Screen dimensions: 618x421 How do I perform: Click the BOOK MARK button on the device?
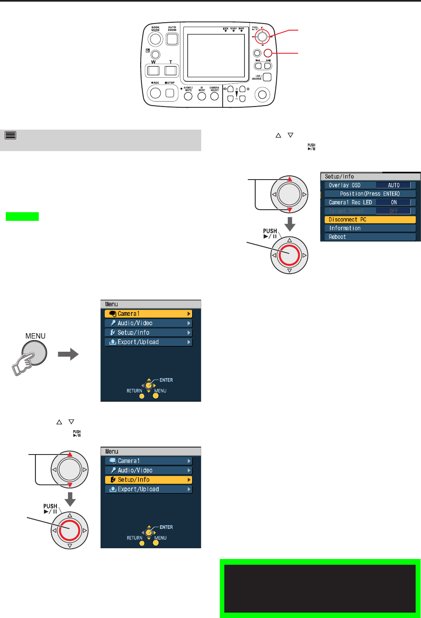pos(155,39)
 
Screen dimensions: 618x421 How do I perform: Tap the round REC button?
pos(155,93)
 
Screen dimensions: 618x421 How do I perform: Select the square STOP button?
pos(170,93)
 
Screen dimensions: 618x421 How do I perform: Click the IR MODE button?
pos(202,96)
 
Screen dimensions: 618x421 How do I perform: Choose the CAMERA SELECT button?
pos(214,96)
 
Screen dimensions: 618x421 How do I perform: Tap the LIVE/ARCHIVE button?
pos(267,77)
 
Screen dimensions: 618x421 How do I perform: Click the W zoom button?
pos(154,71)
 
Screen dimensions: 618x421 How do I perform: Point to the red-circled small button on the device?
pos(268,53)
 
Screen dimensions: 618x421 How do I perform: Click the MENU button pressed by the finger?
pos(35,353)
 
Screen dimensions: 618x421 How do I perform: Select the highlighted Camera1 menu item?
pos(148,314)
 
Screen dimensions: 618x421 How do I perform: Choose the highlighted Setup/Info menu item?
pos(148,480)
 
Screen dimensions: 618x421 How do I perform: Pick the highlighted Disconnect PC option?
pos(370,220)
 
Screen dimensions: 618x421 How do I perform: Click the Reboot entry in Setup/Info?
pos(370,237)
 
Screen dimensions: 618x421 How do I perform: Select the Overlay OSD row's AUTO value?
pos(393,185)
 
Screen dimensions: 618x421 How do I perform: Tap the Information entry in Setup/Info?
pos(370,228)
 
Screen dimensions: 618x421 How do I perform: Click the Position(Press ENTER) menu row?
pos(370,194)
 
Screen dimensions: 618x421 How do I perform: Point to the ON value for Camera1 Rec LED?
pos(393,202)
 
